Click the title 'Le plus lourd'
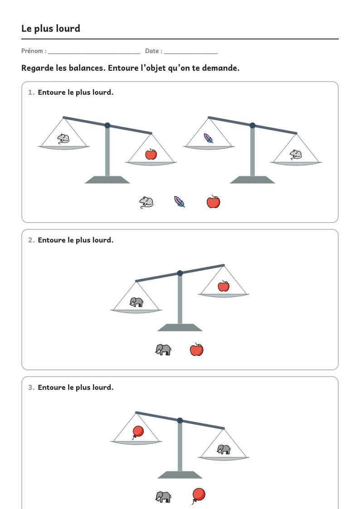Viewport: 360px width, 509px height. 51,29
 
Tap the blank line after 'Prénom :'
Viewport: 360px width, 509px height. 94,53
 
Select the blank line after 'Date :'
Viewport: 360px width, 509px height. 191,53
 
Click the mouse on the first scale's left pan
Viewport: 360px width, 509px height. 63,139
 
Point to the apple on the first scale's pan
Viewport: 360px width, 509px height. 151,154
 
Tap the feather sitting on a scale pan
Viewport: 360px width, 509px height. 208,138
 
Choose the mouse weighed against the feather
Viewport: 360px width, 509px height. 296,155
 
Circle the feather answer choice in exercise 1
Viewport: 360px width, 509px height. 179,202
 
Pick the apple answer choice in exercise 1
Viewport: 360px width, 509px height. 213,202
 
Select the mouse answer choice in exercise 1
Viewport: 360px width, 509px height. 146,202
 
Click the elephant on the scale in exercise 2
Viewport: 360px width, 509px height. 136,302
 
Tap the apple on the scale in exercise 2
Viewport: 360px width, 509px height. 224,286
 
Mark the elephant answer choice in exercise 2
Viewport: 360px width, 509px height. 163,349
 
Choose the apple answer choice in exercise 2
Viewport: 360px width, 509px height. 196,349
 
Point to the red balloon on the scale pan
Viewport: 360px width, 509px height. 138,432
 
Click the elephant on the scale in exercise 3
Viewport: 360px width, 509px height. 224,450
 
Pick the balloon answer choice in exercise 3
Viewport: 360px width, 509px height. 198,496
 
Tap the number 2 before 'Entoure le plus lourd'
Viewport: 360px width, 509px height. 31,240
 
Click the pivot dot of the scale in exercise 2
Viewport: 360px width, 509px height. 180,273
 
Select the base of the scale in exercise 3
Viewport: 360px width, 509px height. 180,475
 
